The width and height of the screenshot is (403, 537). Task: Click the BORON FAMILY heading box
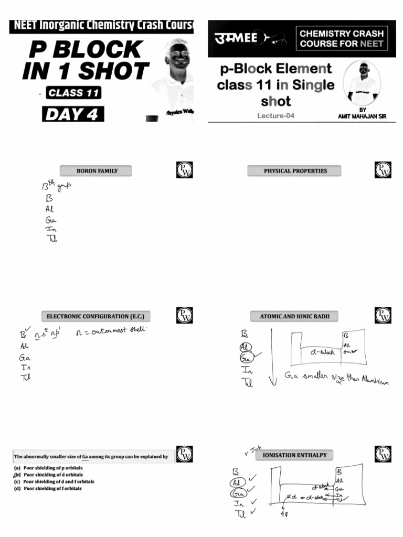point(97,171)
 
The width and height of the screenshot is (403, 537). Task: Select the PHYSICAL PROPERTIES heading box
point(295,171)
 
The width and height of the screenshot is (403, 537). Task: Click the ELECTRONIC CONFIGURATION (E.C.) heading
point(95,316)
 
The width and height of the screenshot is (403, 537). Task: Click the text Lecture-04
point(276,116)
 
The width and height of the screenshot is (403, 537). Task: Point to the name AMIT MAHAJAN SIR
point(362,116)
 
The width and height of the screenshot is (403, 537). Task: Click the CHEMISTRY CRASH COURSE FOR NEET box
point(342,38)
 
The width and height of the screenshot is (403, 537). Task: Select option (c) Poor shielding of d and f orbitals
point(55,481)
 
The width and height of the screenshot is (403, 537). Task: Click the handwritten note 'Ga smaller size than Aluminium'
point(336,378)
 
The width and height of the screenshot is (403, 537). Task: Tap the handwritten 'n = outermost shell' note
point(111,331)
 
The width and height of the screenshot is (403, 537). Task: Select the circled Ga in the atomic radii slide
point(245,358)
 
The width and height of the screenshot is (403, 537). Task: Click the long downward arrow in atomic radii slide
point(272,357)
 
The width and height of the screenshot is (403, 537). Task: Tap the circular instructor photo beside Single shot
point(362,83)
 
